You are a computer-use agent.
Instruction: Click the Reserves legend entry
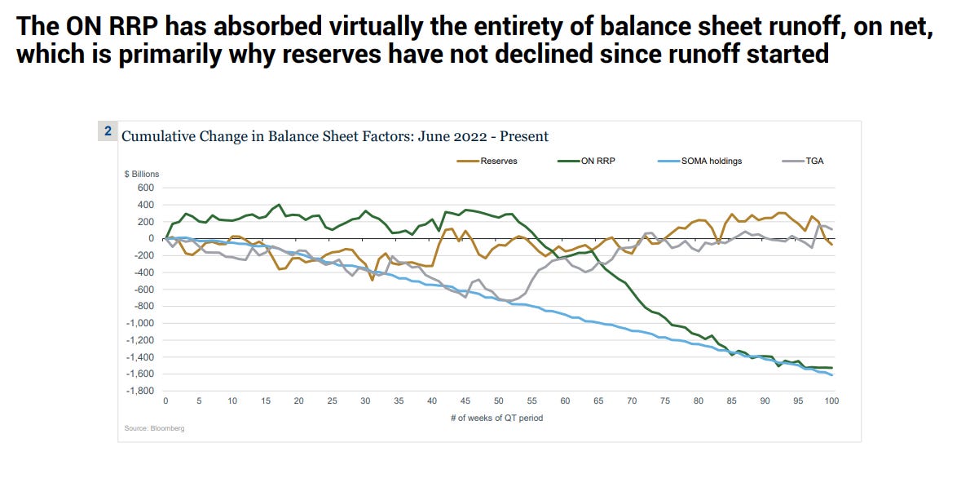coord(498,162)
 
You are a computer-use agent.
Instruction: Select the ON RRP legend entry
coord(599,162)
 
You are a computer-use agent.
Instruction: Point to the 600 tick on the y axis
coord(146,188)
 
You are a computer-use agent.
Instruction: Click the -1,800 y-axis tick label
coord(140,392)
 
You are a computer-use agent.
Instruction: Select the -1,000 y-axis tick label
coord(140,323)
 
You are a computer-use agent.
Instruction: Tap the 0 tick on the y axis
coord(152,238)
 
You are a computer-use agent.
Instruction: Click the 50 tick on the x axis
coord(498,401)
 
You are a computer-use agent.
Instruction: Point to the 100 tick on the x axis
coord(831,401)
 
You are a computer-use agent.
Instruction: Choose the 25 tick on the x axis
coord(332,401)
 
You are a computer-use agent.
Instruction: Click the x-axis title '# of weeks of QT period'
coord(498,418)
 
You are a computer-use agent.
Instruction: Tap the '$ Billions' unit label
coord(141,174)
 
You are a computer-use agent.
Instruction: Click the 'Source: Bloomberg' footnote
coord(154,428)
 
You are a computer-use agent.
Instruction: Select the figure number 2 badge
coord(108,131)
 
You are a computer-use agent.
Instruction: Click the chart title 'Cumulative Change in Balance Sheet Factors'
coord(334,136)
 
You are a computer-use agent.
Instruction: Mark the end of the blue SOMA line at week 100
coord(831,374)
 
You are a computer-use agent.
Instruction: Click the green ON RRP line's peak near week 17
coord(279,205)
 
